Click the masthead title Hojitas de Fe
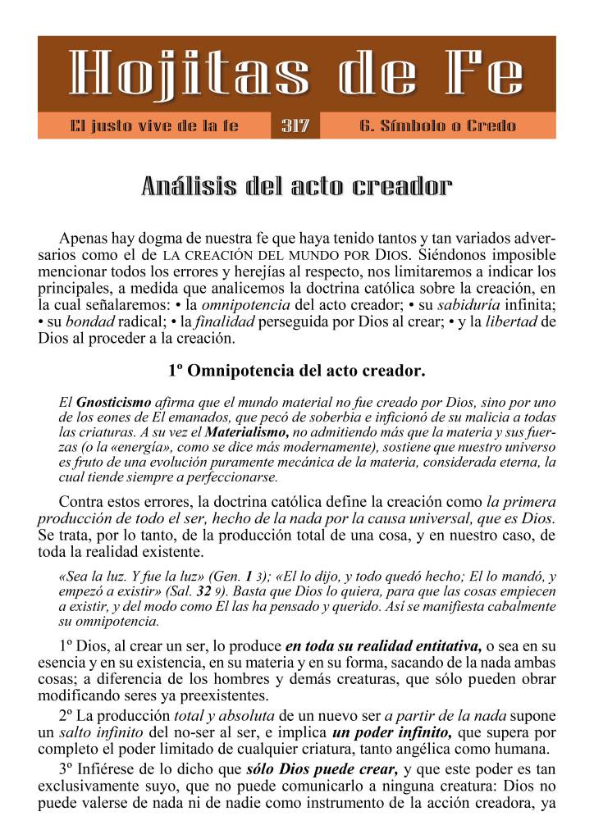coord(296,75)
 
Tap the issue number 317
coord(295,126)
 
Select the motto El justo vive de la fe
coord(154,126)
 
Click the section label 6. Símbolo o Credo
coord(437,126)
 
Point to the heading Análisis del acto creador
coord(296,186)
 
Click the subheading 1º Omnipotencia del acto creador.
coord(296,370)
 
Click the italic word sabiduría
coord(468,304)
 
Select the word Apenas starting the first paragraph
coord(85,239)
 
